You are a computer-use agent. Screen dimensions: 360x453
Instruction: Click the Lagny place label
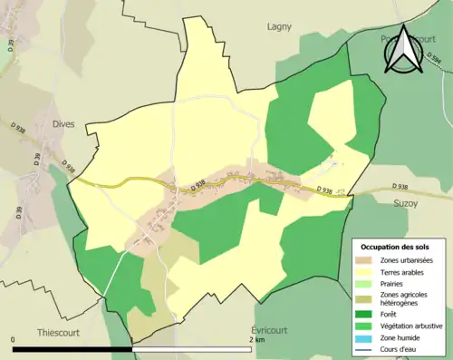279,27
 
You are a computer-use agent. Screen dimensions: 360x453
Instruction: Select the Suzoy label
406,205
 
